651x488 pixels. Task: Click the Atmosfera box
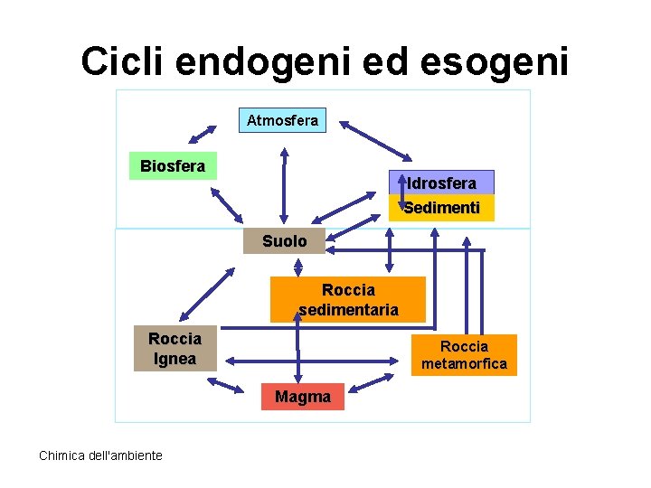(282, 120)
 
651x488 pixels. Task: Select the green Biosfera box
(173, 165)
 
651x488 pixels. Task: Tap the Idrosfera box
(441, 183)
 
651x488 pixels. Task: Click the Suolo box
(284, 241)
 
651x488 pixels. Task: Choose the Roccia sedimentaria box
(348, 300)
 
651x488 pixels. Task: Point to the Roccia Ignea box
(175, 349)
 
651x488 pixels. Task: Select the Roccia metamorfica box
(465, 355)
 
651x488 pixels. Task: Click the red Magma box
(303, 397)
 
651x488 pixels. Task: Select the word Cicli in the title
(123, 61)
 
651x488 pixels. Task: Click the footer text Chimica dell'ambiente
(100, 455)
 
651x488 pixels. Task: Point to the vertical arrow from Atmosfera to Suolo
(284, 184)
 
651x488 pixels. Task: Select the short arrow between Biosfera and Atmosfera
(202, 130)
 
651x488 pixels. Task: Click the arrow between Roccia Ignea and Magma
(227, 385)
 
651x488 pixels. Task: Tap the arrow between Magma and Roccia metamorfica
(373, 383)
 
